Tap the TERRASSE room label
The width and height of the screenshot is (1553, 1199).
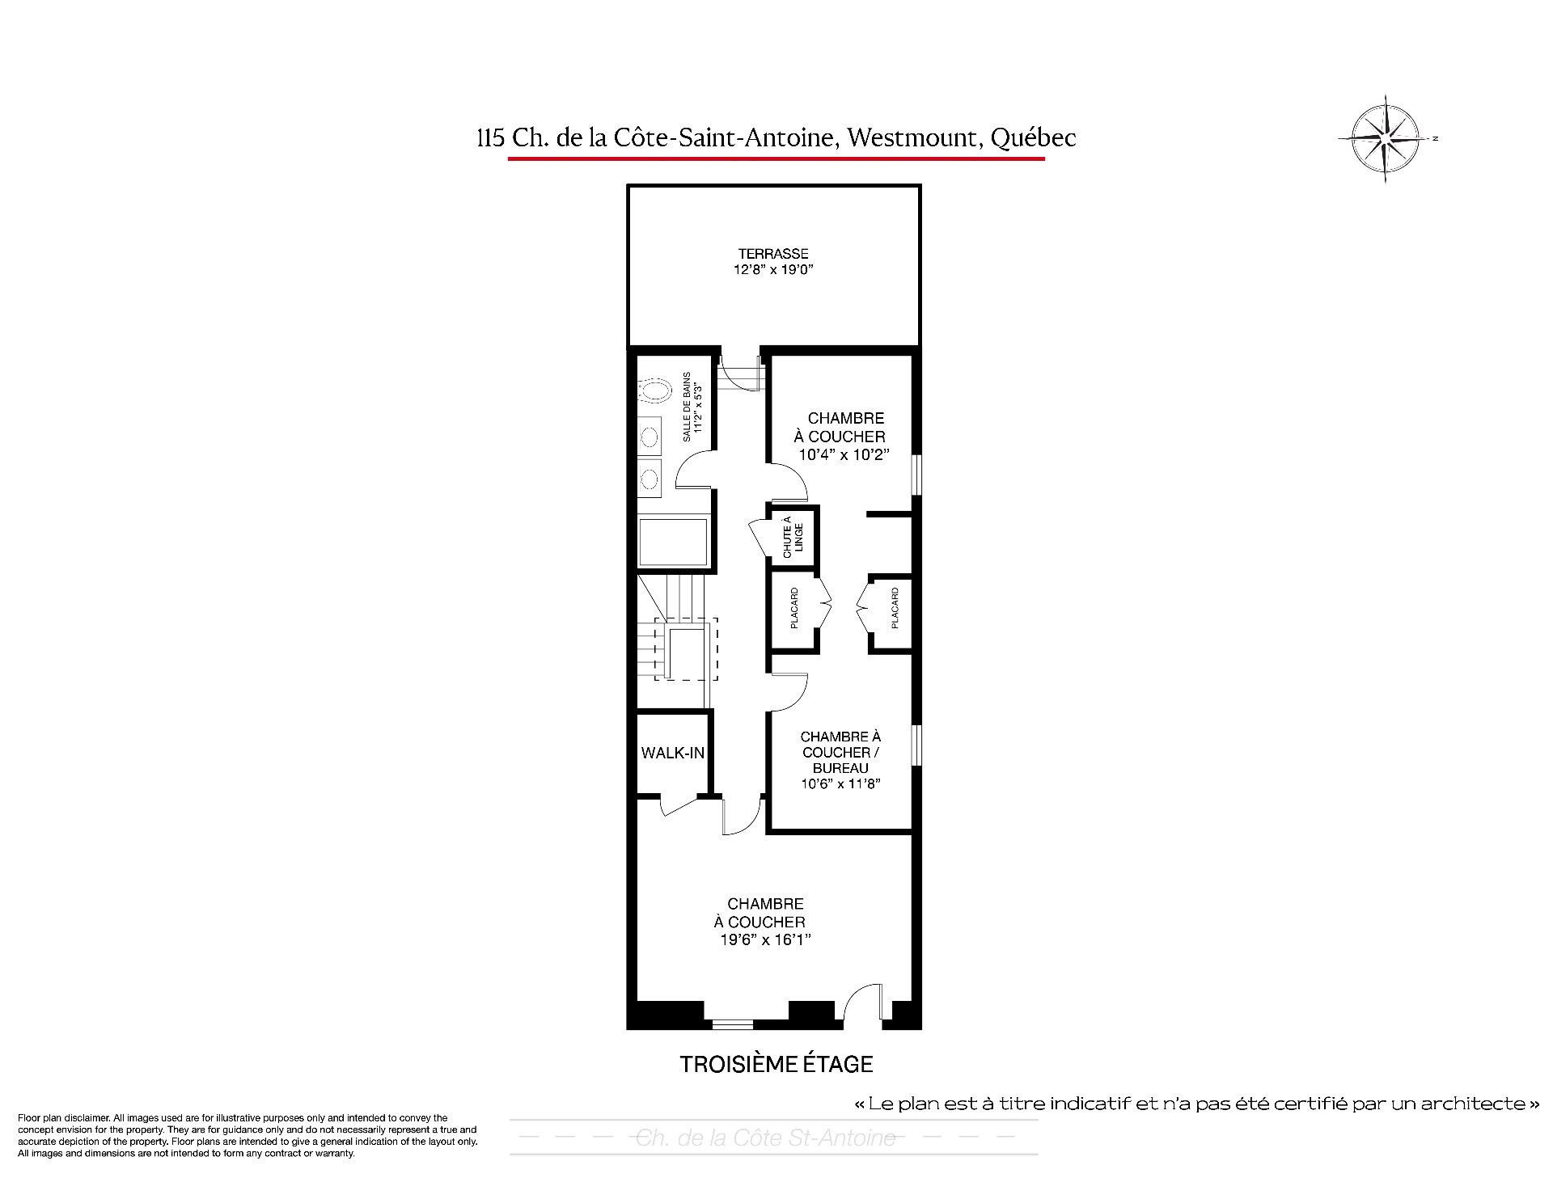point(773,254)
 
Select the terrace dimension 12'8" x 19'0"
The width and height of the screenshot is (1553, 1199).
point(773,270)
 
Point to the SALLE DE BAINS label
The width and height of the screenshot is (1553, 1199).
point(687,407)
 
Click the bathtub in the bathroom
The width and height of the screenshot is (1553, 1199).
point(673,543)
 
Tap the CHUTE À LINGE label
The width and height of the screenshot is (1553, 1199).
point(793,537)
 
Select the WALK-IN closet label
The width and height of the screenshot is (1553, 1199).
point(673,753)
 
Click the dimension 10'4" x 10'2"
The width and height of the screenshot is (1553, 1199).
point(844,454)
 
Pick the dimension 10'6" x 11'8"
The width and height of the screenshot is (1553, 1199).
point(840,783)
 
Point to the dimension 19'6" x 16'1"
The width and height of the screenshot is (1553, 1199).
point(765,939)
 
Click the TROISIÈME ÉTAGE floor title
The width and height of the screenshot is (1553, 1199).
point(776,1064)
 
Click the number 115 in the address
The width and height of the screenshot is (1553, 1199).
point(492,139)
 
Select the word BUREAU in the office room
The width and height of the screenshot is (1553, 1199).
point(840,768)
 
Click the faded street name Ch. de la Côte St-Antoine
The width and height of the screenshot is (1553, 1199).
point(766,1138)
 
